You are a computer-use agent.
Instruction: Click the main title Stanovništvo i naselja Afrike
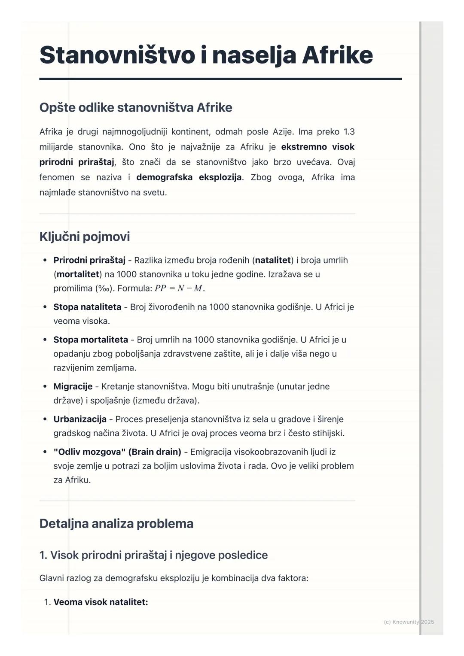206,55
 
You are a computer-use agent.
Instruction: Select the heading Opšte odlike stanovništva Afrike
136,107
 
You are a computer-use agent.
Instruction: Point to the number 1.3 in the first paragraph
348,132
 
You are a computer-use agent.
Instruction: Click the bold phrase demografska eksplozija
189,177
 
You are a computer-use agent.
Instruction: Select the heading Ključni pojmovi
85,237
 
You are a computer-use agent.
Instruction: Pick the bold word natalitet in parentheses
273,260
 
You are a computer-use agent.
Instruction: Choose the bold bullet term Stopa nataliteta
87,307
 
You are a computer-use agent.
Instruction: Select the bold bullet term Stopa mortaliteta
91,340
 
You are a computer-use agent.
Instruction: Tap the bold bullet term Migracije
73,386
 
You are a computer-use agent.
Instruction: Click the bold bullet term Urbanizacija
80,419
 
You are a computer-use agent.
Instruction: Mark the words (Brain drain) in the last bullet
155,452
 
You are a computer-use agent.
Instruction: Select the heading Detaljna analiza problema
116,523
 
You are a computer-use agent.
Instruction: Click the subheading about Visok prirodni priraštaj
153,555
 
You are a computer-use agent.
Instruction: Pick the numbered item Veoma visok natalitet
101,602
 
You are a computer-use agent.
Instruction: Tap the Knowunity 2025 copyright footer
409,622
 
